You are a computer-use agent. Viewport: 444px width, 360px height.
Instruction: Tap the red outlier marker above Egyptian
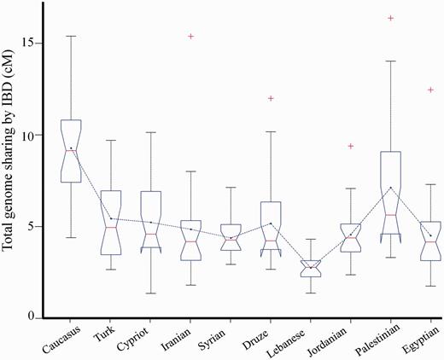(430, 90)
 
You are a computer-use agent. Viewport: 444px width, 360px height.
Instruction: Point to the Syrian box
(231, 237)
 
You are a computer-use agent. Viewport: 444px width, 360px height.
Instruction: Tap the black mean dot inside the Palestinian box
(390, 188)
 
